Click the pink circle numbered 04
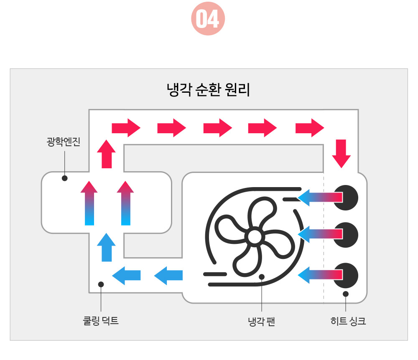[x=208, y=19]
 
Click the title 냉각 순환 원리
[x=208, y=90]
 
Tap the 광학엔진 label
[x=63, y=142]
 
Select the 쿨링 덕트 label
[x=101, y=321]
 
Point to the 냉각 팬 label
[x=261, y=322]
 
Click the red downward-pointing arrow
[x=342, y=154]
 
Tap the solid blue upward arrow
[x=107, y=247]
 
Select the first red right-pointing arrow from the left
[x=126, y=127]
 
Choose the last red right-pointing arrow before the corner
[x=310, y=127]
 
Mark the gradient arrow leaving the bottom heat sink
[x=320, y=275]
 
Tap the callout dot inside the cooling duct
[x=101, y=284]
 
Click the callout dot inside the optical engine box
[x=64, y=178]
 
